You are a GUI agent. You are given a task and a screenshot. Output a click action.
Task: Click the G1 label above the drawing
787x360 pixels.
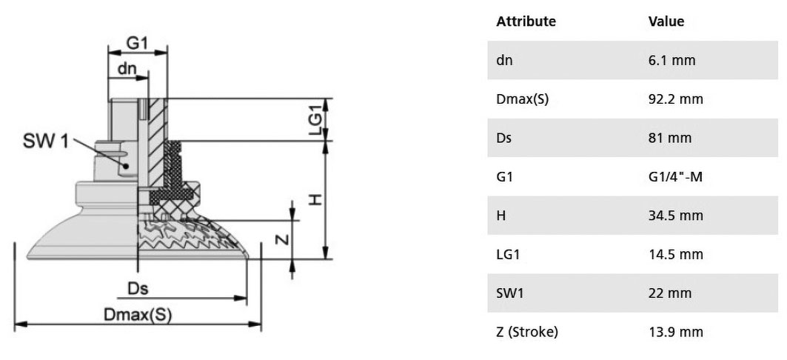tap(137, 43)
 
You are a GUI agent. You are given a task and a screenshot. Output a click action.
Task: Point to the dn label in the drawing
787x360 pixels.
tap(127, 69)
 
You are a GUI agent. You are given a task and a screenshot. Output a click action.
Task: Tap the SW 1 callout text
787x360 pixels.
tap(45, 141)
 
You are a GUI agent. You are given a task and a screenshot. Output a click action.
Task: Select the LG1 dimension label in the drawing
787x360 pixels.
tap(315, 119)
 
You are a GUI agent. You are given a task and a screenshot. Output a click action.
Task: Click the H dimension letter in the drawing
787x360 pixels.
tap(315, 200)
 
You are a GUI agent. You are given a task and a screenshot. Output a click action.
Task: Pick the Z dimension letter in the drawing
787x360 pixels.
tap(283, 239)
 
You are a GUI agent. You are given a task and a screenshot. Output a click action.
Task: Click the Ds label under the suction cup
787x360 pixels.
tap(138, 289)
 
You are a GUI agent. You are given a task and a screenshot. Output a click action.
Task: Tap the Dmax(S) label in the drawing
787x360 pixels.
tap(138, 315)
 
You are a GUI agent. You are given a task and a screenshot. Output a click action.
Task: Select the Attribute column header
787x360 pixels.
tap(526, 21)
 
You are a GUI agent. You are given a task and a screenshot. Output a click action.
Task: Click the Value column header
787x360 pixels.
tap(666, 21)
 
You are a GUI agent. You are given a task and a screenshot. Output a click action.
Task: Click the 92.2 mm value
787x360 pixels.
tap(675, 99)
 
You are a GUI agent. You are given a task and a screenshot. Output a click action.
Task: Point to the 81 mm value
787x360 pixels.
tap(669, 138)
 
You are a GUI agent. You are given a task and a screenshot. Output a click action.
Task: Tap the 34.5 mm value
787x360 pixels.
tap(675, 216)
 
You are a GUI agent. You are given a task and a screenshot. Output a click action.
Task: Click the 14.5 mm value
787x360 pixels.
tap(675, 255)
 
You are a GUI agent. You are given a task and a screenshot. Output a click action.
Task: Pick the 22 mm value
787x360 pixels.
tap(670, 293)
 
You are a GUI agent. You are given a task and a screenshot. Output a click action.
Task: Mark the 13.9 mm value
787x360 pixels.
tap(675, 332)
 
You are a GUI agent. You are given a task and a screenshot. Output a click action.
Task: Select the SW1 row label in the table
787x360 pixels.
tap(510, 293)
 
